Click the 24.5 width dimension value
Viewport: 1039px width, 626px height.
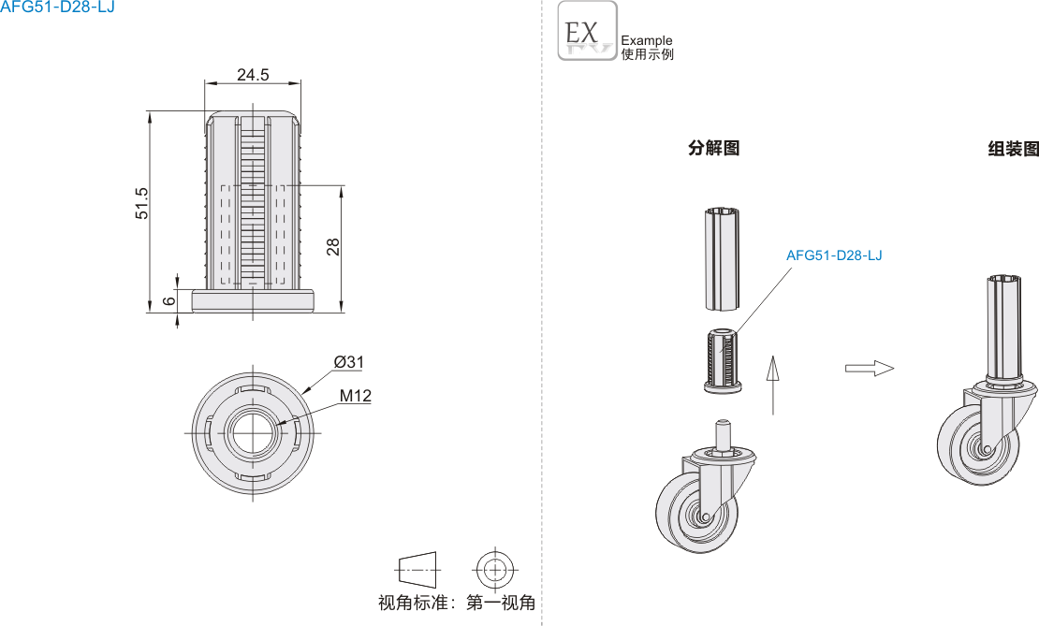[x=253, y=75]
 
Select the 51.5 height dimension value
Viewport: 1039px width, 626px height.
[x=142, y=203]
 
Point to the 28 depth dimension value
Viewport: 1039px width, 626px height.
[x=333, y=247]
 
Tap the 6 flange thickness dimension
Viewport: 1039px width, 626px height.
[x=168, y=300]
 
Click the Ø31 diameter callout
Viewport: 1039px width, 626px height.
[x=348, y=362]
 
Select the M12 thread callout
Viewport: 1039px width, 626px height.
[x=355, y=396]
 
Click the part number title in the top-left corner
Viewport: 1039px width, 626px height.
[x=57, y=8]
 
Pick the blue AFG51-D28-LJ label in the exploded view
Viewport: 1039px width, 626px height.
[x=834, y=255]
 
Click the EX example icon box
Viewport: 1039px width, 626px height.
[x=587, y=31]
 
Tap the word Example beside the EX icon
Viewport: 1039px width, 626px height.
[x=647, y=40]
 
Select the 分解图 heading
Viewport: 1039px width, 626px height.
[x=713, y=148]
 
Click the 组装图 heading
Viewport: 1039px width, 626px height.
[x=1013, y=149]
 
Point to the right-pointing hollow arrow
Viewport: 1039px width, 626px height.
[x=870, y=368]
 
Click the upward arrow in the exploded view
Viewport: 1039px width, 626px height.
[x=772, y=384]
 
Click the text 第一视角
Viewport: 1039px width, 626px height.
[x=501, y=603]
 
